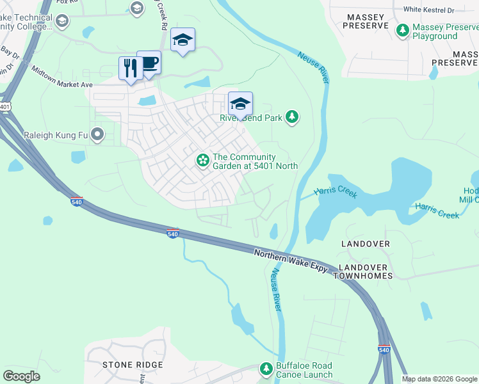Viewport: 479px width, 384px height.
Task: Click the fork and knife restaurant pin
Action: [x=131, y=68]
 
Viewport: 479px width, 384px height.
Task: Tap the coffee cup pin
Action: [x=149, y=63]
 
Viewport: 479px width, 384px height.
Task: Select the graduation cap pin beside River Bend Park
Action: [x=241, y=104]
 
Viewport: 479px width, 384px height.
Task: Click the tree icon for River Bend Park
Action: [x=292, y=116]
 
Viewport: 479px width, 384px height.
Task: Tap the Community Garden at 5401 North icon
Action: [x=203, y=160]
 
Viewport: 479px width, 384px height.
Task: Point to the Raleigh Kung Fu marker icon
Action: [x=97, y=134]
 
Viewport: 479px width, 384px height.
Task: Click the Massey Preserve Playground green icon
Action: [x=403, y=30]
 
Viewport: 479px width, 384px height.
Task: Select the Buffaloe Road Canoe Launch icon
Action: [x=266, y=369]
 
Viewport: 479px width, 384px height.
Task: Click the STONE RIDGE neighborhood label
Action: [x=133, y=365]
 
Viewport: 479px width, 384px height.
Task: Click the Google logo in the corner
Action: [x=21, y=376]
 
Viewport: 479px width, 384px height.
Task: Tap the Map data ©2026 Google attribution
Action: [x=439, y=379]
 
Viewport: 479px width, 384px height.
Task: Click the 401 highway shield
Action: [x=5, y=106]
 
